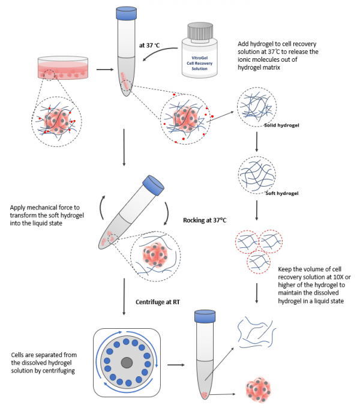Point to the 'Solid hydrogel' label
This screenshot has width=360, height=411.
281,126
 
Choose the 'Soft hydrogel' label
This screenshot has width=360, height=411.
282,193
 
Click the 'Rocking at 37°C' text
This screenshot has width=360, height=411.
204,220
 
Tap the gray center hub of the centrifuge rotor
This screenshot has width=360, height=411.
127,363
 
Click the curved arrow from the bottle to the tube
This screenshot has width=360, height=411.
160,56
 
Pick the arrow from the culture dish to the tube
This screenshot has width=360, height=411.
104,69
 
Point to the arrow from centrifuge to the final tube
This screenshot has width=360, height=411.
176,364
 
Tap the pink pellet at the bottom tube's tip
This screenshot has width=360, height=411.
204,396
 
